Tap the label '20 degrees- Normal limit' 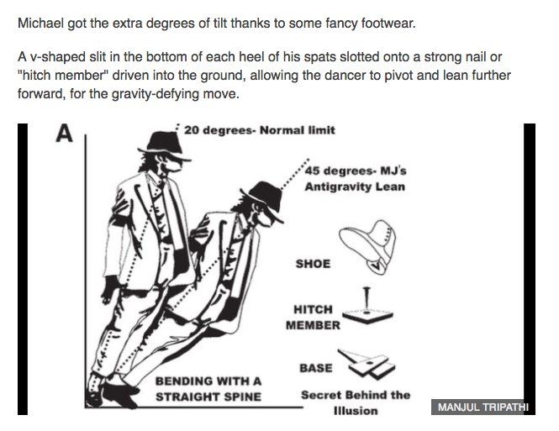259,130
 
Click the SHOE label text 313,264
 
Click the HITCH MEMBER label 313,317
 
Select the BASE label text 315,368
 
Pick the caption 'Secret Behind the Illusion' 355,402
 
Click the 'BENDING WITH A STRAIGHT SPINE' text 208,389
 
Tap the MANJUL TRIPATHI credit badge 483,407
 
